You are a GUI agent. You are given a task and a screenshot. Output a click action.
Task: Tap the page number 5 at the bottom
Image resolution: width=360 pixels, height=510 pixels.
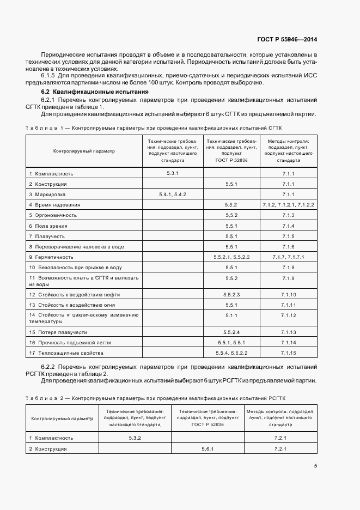(x=315, y=465)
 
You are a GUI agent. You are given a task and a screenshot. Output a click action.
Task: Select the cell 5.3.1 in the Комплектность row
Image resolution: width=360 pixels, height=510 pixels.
(x=173, y=173)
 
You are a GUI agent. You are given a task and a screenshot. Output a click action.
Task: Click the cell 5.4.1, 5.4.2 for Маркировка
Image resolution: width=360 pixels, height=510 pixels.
(x=173, y=194)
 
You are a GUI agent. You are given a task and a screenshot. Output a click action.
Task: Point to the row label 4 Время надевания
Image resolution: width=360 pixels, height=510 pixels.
(x=55, y=205)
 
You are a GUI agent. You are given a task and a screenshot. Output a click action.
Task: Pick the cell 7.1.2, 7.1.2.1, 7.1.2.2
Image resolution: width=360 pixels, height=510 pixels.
(x=288, y=205)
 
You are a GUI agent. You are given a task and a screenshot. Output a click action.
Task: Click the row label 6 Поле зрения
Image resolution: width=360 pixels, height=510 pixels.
(x=48, y=226)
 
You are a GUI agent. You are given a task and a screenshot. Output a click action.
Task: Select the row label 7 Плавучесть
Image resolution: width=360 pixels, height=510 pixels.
(x=47, y=236)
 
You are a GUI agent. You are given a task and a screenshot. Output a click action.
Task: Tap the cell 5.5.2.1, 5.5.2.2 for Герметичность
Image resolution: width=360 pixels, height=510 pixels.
(x=231, y=257)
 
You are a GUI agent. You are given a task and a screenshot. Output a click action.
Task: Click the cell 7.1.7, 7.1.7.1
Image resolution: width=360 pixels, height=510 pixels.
(x=288, y=257)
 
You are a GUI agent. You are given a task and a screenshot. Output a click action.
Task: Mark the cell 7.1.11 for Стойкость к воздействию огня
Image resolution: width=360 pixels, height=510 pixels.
(x=288, y=305)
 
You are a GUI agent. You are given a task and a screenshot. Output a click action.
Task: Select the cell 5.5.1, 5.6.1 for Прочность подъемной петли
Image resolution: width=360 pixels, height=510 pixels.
(x=231, y=342)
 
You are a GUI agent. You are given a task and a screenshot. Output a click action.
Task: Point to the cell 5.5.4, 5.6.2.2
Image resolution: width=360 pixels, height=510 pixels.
(x=231, y=353)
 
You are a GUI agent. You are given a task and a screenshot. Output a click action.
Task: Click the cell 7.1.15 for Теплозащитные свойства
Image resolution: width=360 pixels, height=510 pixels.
(x=288, y=353)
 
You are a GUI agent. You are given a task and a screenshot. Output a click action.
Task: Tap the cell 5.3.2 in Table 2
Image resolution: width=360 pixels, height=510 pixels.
(x=135, y=438)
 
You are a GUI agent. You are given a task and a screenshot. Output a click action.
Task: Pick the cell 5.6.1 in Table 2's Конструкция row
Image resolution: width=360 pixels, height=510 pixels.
(x=208, y=448)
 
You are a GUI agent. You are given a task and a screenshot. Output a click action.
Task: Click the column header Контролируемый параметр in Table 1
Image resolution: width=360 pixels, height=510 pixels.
(x=84, y=151)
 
